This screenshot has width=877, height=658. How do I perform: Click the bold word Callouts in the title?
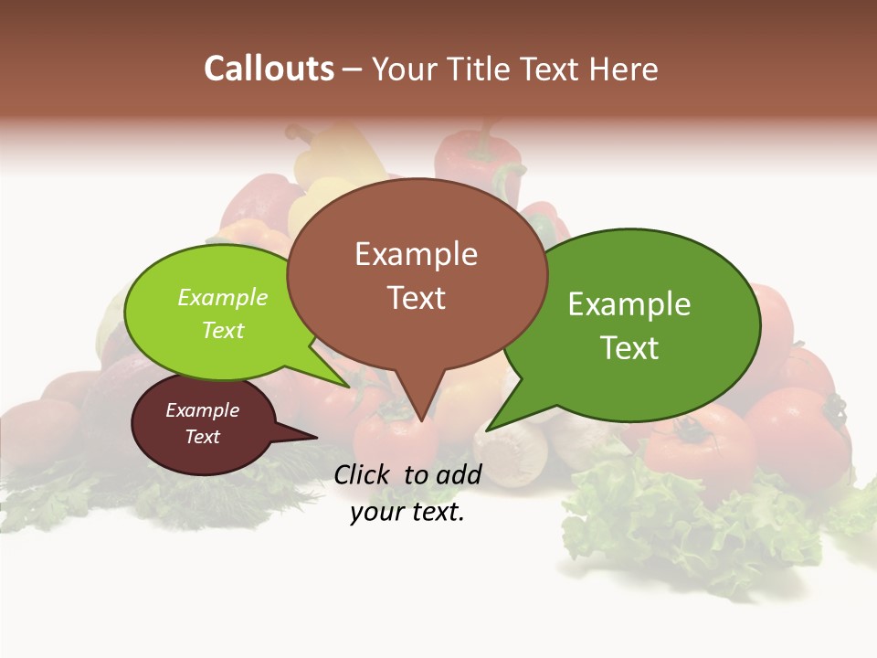click(269, 69)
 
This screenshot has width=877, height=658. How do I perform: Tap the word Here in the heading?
click(620, 69)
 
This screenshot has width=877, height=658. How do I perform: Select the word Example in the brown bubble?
click(416, 254)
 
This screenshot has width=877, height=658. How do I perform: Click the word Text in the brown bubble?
click(416, 298)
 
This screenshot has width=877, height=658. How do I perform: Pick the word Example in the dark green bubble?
click(629, 304)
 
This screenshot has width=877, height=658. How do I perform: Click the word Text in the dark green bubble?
click(629, 348)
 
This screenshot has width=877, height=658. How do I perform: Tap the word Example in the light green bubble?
click(222, 297)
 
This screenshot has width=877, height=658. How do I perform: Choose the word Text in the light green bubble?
click(222, 330)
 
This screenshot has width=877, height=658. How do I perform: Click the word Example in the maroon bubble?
click(202, 410)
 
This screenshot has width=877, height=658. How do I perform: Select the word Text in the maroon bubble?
click(202, 437)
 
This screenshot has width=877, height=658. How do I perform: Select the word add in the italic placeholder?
click(459, 474)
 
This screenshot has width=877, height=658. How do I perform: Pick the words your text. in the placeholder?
click(407, 513)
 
